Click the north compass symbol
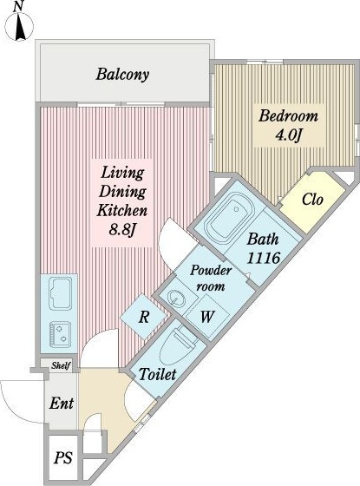coord(19,25)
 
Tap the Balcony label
coord(122,75)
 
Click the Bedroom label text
coord(288,116)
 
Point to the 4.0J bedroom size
coord(289,135)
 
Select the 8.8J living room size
coord(122,230)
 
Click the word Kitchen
coord(122,211)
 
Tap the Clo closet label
coord(312,200)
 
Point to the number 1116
coord(264,258)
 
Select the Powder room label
coord(211,279)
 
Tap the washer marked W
coord(207,317)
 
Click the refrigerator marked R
coord(143,317)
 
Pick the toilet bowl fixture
coord(180,346)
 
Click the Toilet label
coord(158,374)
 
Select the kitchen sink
coord(61,293)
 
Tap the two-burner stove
coord(61,334)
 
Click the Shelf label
coord(61,365)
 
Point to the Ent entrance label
coord(62,404)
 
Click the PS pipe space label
coord(63,458)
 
